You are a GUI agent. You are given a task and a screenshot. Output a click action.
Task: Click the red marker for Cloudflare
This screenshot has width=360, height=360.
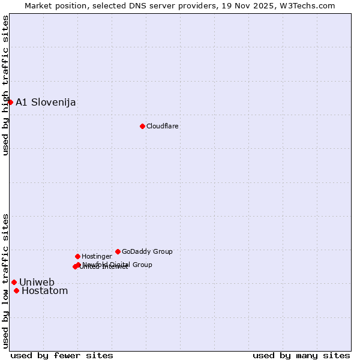(142, 126)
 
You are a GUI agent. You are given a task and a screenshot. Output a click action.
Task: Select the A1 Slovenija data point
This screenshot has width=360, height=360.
(10, 102)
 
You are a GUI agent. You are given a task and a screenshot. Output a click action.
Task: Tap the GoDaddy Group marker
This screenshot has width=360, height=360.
(118, 251)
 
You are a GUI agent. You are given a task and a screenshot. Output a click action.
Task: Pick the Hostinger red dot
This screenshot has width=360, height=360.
(77, 256)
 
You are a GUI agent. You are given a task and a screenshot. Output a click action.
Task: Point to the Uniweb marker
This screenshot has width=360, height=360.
(14, 282)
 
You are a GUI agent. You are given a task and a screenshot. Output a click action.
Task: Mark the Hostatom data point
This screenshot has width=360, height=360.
(16, 291)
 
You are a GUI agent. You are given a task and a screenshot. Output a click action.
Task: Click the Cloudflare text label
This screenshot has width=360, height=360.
(163, 126)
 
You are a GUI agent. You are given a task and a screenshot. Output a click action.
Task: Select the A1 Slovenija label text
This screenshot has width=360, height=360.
(46, 102)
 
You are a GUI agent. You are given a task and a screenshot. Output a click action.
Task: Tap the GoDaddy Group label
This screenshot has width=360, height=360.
(147, 251)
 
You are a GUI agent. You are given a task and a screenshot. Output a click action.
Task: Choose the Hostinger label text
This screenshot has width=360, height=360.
(97, 256)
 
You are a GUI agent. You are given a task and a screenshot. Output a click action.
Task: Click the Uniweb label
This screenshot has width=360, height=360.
(37, 282)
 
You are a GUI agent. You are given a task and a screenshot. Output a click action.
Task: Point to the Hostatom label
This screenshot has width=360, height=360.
(44, 291)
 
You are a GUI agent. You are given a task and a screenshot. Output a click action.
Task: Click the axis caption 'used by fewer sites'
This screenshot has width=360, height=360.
(62, 355)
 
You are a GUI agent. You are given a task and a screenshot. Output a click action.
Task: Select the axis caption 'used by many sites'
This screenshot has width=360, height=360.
(301, 355)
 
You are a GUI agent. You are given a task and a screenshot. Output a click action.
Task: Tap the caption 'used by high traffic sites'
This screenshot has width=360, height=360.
(5, 86)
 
